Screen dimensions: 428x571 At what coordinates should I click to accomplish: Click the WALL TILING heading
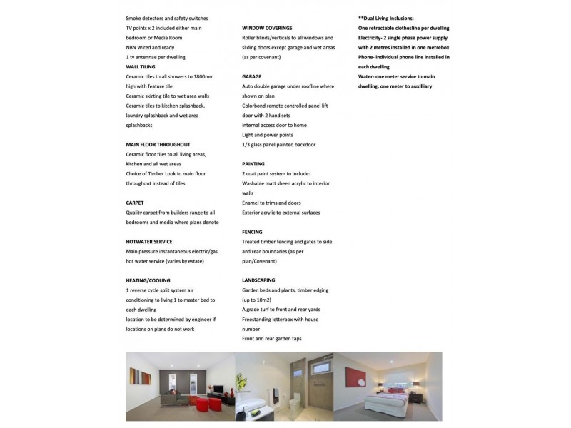coord(141,66)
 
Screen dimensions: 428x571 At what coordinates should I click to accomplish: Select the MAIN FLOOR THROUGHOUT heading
coord(158,144)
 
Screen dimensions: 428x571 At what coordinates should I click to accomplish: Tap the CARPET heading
coord(135,203)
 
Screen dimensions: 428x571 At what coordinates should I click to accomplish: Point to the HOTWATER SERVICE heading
coord(148,242)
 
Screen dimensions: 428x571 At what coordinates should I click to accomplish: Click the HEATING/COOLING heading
coord(148,280)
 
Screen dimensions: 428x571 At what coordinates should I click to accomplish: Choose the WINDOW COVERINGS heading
coord(269,27)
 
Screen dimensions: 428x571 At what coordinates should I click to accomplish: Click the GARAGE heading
coord(252,76)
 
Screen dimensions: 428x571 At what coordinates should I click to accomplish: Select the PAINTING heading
coord(253,163)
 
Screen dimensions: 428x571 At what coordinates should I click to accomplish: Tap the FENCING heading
coord(253,232)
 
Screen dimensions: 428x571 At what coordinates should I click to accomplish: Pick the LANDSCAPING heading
coord(258,280)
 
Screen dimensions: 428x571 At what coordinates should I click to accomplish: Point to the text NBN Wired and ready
coord(150,46)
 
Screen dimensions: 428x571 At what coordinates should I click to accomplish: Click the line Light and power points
coord(268,134)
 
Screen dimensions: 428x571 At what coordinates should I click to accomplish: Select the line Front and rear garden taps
coord(272,338)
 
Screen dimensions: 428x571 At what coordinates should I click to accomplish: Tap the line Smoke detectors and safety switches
coord(167,17)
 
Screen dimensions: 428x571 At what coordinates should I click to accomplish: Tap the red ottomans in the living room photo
coord(196,404)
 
